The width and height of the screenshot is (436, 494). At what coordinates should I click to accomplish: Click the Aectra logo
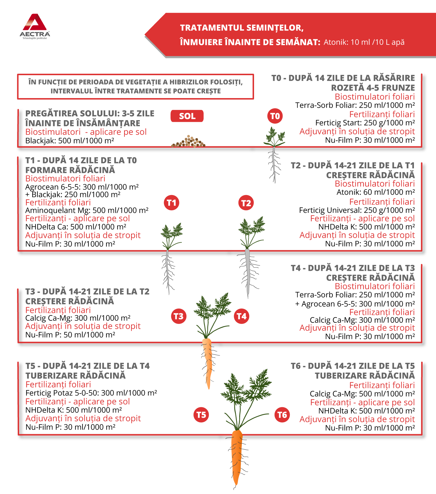35,26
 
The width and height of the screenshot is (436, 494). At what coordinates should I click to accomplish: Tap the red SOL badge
187,116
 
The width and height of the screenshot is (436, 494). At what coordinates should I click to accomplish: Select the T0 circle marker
275,116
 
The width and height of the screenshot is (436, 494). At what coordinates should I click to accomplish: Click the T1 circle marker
171,203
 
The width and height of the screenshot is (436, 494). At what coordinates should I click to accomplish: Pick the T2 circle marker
246,203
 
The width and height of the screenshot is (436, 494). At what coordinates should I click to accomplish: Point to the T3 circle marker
178,316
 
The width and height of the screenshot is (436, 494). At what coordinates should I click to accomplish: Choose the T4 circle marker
242,316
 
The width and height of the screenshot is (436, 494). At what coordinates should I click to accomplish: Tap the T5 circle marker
201,415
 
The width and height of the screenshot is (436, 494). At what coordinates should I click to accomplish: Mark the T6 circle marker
282,415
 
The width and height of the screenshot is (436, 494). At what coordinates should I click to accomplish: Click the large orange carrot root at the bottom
237,456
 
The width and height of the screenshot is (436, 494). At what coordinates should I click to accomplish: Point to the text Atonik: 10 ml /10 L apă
364,42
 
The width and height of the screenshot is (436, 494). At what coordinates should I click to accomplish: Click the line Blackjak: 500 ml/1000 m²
69,141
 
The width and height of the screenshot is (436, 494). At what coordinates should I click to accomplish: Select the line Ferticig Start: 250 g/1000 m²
365,123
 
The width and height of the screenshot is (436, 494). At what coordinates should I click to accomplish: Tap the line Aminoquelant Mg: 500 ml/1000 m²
87,210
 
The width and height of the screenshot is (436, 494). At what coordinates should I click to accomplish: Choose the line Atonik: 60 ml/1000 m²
376,192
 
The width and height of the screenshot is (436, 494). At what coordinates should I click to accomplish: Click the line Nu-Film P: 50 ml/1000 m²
70,335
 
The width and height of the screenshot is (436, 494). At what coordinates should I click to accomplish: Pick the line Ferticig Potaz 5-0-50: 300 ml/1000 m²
91,393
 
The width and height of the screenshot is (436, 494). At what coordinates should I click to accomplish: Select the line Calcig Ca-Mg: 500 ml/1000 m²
362,394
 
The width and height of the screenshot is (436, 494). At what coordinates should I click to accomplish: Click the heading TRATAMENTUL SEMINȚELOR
242,28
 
